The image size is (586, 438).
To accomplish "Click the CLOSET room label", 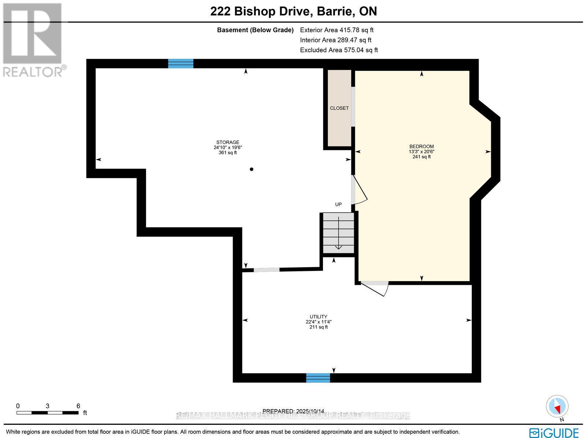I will point(339,108).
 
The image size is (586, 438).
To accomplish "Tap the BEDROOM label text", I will point(421,147).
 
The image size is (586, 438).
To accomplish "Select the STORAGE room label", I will point(227,143).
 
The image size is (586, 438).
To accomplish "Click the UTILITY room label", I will point(318,317).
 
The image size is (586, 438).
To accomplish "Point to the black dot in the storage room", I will point(252,169).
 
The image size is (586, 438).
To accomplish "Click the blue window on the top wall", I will point(181,64).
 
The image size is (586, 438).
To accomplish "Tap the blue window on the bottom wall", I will point(318,378).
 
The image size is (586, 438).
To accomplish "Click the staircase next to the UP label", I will point(338,233).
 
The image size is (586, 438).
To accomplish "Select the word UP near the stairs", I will point(338,204).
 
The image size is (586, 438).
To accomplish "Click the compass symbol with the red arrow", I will point(557,406).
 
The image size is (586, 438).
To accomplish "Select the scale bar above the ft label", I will point(47,412).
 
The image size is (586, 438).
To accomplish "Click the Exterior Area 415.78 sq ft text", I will point(336,30).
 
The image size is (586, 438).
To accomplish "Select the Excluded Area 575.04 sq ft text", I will point(338,50).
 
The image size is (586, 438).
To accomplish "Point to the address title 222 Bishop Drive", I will point(293,11).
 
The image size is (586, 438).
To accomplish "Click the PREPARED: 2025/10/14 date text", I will point(293,411).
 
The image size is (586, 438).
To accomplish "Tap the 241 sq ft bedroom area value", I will point(421,157).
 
